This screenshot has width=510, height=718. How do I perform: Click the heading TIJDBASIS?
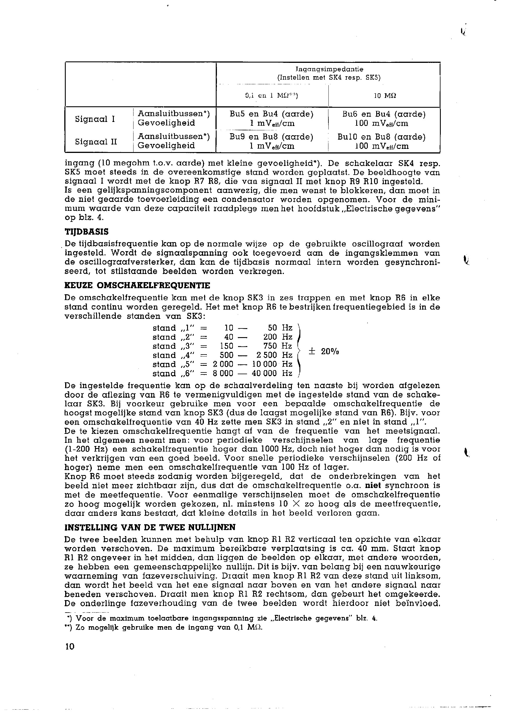[86, 232]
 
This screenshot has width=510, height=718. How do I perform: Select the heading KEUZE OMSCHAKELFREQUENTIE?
[137, 286]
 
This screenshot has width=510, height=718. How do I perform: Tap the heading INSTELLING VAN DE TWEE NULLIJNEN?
[150, 527]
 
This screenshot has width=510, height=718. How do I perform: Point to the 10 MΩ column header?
[385, 96]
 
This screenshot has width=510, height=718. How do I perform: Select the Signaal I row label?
[95, 119]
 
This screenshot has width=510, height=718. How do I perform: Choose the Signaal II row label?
[96, 142]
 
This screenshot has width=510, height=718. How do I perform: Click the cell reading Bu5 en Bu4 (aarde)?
[272, 114]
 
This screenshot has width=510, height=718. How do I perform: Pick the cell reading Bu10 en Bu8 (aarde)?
[381, 137]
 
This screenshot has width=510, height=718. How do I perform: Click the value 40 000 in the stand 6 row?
[264, 373]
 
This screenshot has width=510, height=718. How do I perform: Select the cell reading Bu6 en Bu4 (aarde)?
[384, 114]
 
